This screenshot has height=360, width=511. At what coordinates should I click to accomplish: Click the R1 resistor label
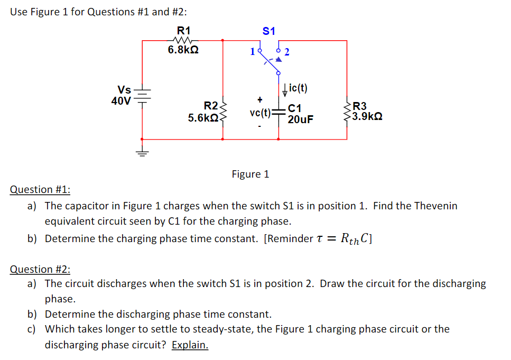click(x=183, y=30)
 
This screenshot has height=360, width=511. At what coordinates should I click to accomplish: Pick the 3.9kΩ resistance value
click(x=367, y=116)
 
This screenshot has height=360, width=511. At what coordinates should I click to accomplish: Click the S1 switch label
click(x=269, y=31)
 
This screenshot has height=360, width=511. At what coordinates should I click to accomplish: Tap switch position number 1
click(x=253, y=52)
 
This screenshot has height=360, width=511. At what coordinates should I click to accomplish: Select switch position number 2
click(x=286, y=52)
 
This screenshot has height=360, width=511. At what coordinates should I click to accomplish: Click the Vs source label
click(x=124, y=89)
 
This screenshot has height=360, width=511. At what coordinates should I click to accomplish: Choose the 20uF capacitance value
click(x=300, y=119)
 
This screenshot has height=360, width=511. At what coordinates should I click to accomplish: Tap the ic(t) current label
click(x=298, y=88)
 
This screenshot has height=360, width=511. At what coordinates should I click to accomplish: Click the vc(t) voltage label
click(x=259, y=112)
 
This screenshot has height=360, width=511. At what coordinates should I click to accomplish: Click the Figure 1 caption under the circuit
click(x=250, y=174)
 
